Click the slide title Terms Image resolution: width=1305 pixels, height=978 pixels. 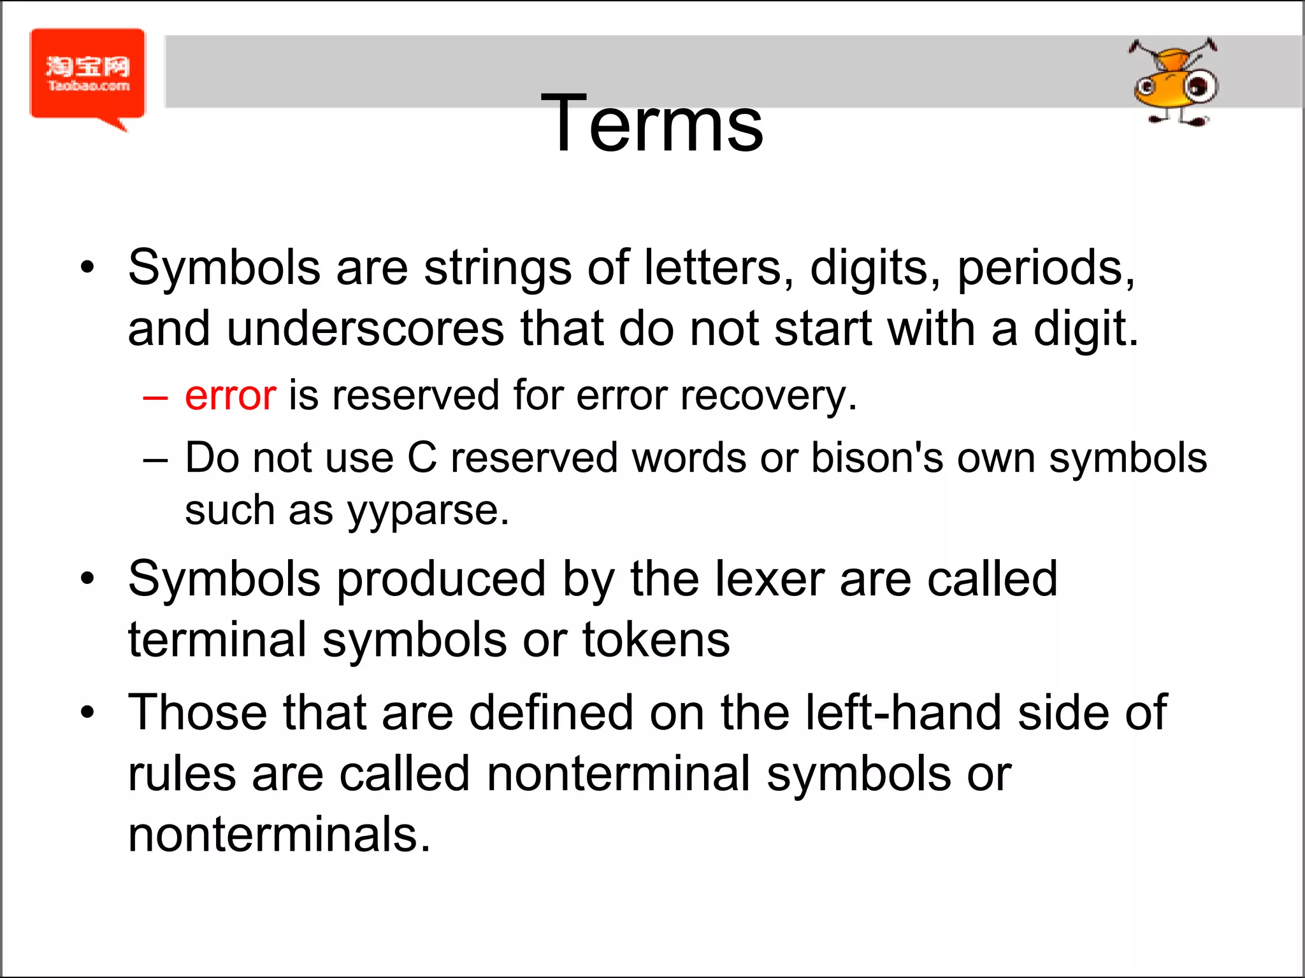click(x=651, y=124)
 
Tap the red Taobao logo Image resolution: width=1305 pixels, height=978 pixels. click(x=88, y=75)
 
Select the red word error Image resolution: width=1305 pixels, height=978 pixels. click(x=231, y=395)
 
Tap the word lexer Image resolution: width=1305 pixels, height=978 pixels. click(x=770, y=579)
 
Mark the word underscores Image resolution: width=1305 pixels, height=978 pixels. click(x=366, y=329)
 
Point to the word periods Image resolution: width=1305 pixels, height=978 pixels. click(x=1046, y=268)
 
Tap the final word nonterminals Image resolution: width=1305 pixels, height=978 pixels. click(x=279, y=834)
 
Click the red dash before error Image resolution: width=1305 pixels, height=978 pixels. click(x=155, y=397)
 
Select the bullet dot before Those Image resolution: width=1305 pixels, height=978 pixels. click(x=87, y=712)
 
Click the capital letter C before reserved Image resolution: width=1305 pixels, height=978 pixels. click(x=422, y=458)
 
